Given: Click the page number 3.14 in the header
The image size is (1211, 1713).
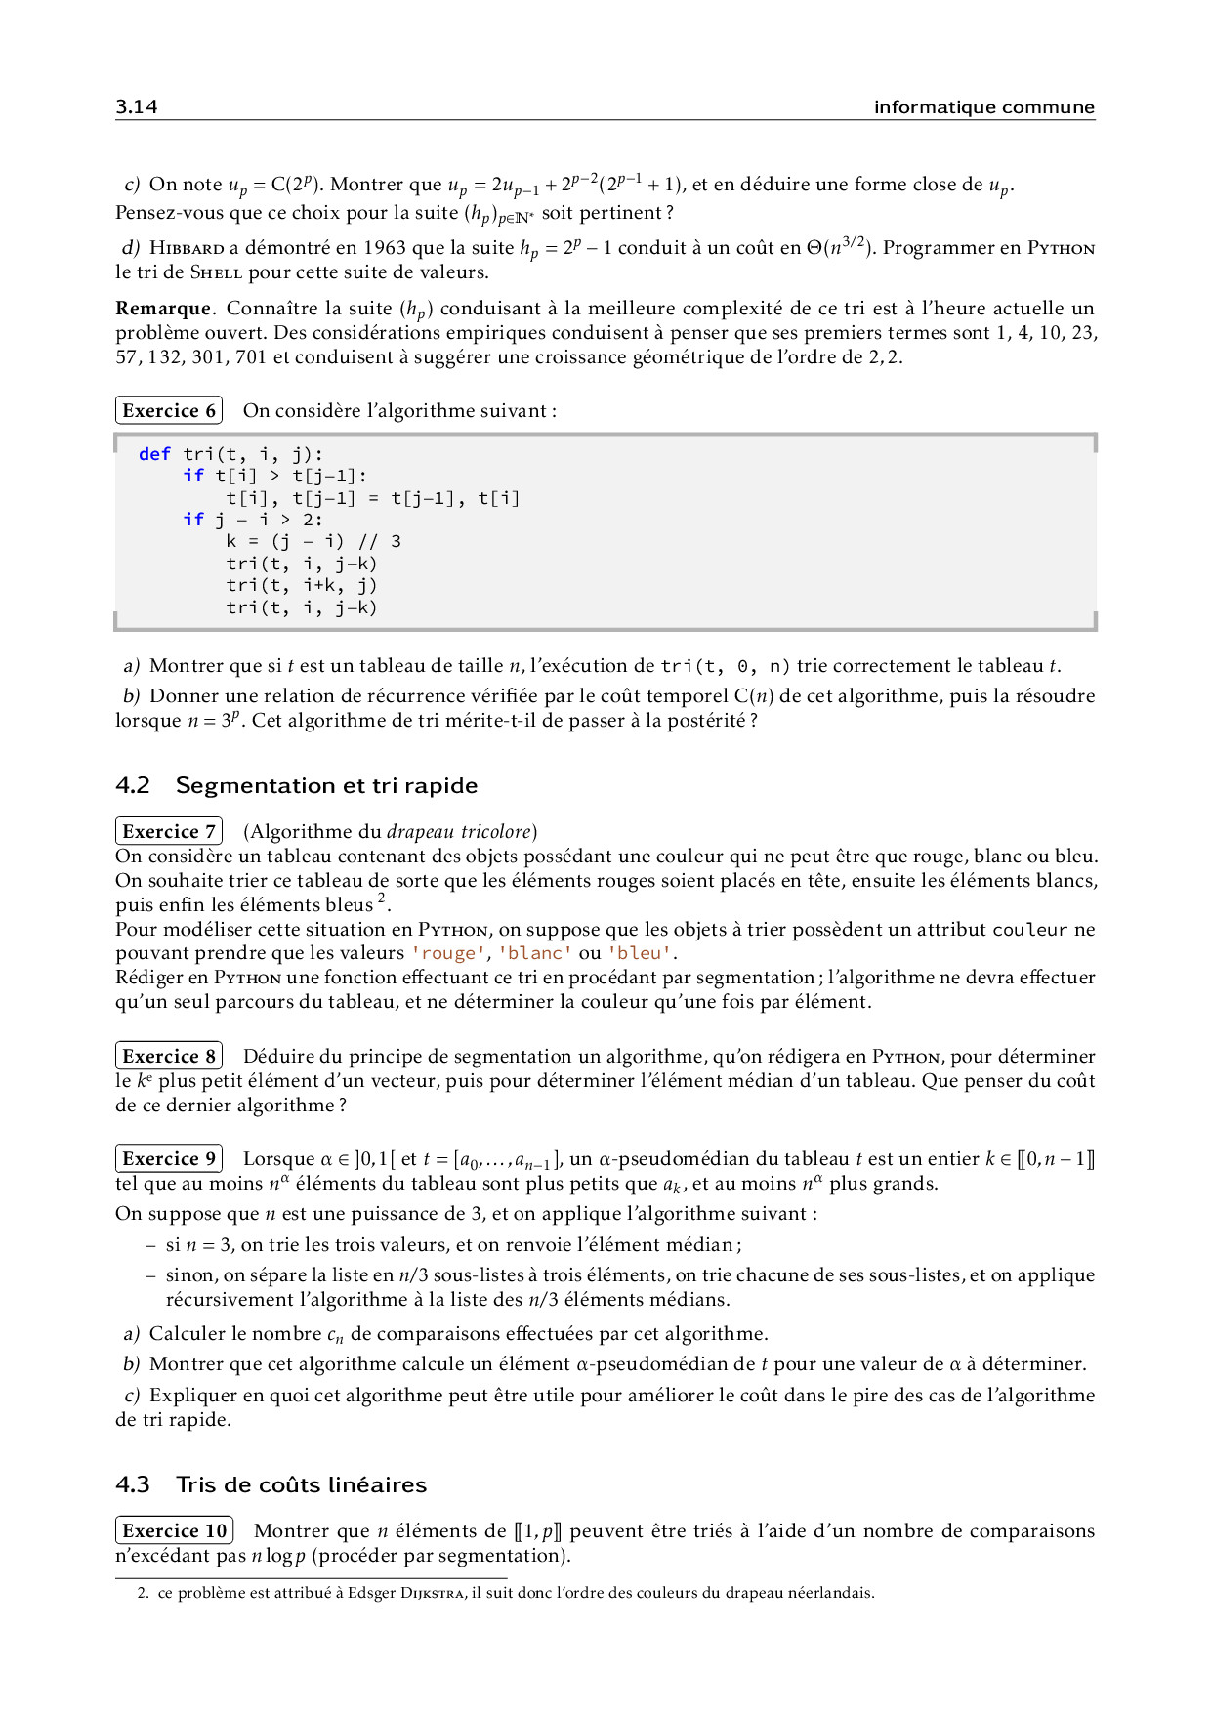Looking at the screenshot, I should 137,106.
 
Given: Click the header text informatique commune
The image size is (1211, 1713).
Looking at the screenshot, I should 983,106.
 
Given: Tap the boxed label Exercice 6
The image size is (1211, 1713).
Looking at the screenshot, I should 169,410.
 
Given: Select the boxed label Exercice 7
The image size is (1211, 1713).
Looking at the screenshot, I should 169,831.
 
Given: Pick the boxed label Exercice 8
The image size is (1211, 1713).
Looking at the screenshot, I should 169,1056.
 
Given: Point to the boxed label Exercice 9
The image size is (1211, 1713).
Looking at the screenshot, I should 169,1158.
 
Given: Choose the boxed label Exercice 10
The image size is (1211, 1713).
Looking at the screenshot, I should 175,1530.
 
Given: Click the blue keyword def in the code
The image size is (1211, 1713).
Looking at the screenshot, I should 154,454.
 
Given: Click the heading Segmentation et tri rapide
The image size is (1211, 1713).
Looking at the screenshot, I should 326,785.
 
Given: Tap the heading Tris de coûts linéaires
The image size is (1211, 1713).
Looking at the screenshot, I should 301,1484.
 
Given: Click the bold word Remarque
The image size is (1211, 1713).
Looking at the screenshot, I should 163,309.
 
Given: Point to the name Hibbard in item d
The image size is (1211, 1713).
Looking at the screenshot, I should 187,248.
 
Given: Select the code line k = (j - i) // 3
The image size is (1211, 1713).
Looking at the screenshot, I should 313,541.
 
